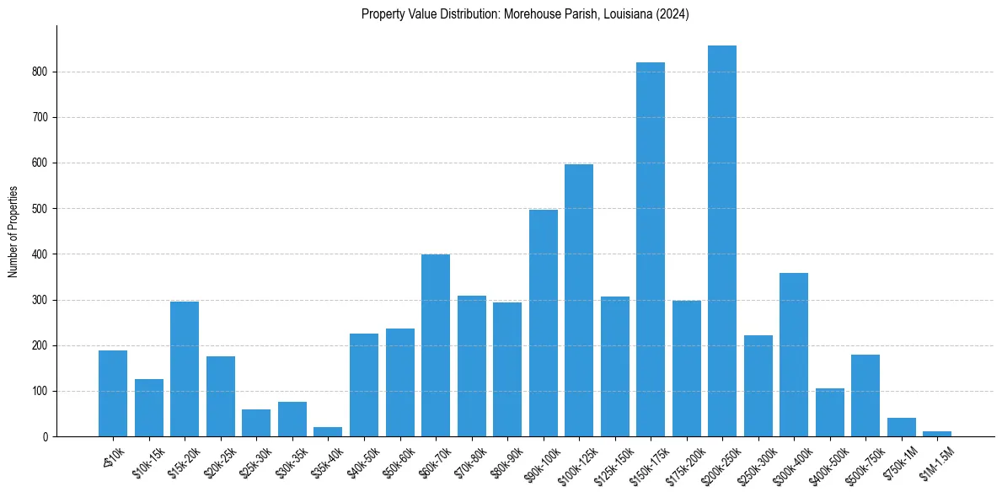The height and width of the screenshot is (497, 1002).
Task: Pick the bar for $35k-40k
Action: pos(328,432)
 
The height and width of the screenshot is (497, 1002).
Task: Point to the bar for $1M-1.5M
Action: pos(937,434)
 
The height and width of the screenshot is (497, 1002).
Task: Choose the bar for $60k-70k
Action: pos(436,345)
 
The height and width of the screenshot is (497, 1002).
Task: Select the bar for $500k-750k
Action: pos(865,396)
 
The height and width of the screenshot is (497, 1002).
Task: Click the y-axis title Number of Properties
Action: pos(13,232)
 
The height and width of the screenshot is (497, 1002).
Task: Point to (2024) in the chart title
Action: pos(674,14)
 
